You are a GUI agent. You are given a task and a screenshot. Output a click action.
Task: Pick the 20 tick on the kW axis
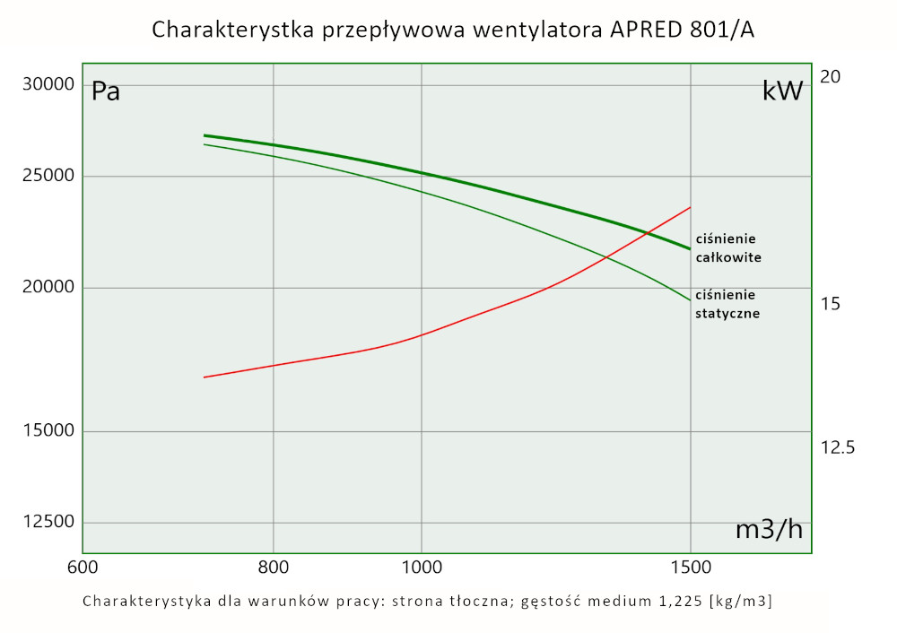(x=831, y=77)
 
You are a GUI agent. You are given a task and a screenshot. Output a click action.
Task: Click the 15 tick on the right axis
(x=831, y=304)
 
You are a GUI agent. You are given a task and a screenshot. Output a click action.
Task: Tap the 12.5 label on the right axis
(x=838, y=447)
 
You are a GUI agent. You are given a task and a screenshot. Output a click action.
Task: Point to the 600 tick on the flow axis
(x=83, y=567)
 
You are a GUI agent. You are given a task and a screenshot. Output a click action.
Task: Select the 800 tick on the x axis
(x=273, y=567)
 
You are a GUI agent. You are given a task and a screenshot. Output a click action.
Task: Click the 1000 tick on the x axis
(x=422, y=567)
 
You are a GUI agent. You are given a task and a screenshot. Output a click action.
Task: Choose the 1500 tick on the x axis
(x=690, y=567)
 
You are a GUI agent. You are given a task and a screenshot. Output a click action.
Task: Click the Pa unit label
(x=106, y=91)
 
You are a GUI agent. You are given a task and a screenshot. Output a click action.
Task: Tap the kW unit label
(x=782, y=91)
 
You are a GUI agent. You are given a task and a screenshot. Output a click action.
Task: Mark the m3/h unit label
(x=769, y=530)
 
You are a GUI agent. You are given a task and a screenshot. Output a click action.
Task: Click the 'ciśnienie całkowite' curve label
(x=728, y=248)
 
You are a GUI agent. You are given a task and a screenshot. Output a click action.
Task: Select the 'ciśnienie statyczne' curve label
(x=727, y=304)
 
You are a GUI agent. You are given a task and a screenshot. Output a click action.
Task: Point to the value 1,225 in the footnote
(x=677, y=601)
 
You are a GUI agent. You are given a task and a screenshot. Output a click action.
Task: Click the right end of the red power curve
(x=690, y=207)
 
